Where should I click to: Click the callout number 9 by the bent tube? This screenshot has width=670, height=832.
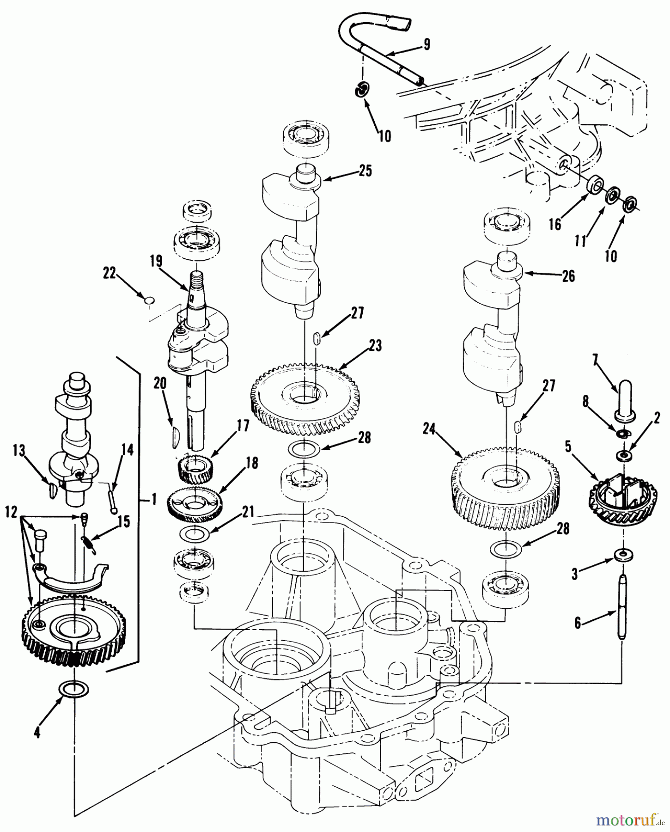426,44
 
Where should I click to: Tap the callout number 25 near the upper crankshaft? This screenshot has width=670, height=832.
365,171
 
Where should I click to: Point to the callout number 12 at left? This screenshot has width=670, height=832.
12,512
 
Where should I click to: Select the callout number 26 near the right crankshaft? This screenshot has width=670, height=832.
568,276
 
